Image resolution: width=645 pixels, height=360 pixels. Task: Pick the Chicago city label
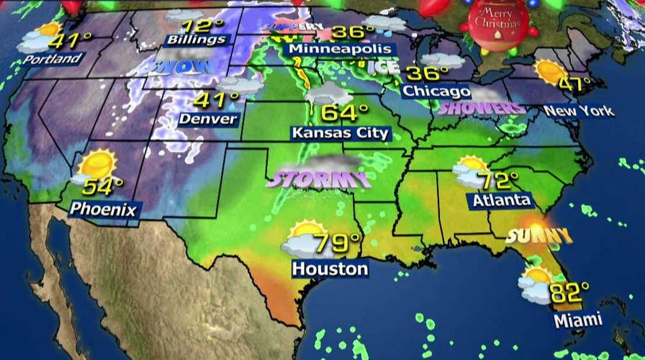coord(436,91)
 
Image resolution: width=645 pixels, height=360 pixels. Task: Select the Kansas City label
coord(340,132)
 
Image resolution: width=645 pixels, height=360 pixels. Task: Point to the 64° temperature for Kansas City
coord(344,113)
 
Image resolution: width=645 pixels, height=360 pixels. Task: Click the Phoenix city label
coord(103,210)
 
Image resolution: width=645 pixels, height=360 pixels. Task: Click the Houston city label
coord(330,269)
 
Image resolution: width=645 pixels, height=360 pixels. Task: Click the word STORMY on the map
coord(317,178)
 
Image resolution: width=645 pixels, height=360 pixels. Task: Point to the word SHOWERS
coord(482,109)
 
